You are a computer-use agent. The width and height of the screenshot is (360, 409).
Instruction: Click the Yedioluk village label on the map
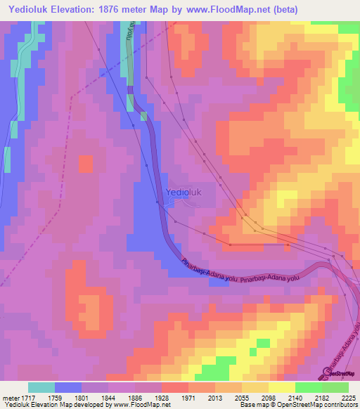[183, 192]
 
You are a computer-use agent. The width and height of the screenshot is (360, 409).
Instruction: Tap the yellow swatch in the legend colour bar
[281, 387]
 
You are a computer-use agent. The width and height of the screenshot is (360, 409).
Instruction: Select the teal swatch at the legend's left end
[41, 387]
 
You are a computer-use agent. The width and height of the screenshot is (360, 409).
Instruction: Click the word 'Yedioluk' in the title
[29, 10]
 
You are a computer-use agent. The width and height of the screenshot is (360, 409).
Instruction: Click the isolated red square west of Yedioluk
[85, 164]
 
